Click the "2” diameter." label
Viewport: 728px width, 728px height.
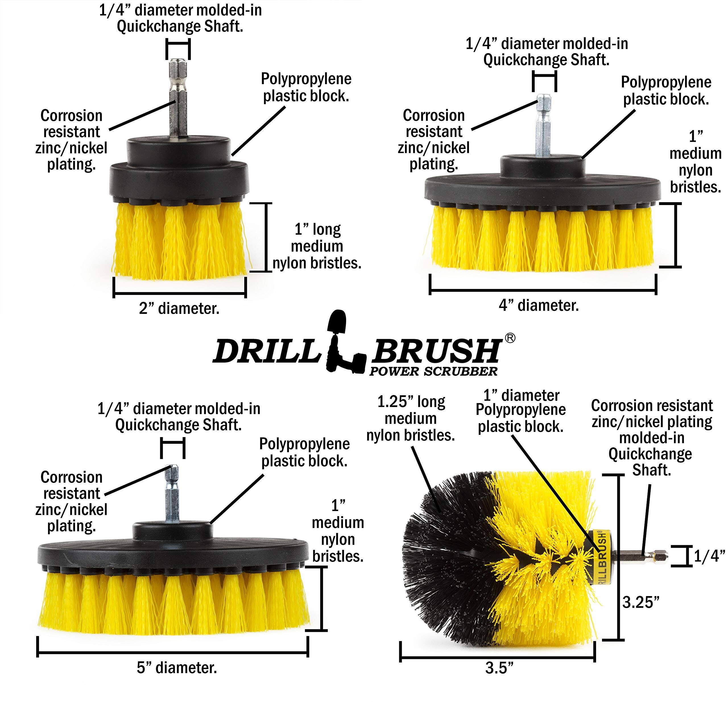(x=179, y=309)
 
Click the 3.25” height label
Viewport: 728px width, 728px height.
(x=641, y=602)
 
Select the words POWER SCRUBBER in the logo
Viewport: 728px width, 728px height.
(x=433, y=372)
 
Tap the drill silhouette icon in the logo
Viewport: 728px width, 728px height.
(x=341, y=345)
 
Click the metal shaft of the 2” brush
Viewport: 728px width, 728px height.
(x=178, y=102)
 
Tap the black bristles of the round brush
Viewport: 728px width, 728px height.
(x=445, y=558)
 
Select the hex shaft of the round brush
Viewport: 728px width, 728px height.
(x=641, y=555)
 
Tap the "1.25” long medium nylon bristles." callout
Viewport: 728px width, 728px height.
(x=411, y=419)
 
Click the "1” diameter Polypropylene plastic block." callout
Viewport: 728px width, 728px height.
(x=521, y=411)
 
